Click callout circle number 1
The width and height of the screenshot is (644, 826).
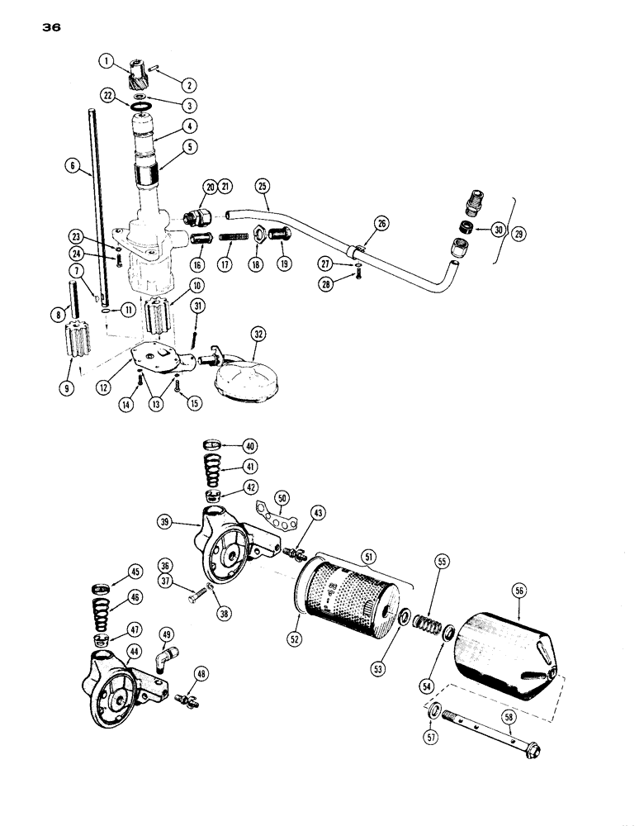pyautogui.click(x=107, y=59)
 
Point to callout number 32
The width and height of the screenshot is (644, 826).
pyautogui.click(x=258, y=335)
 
